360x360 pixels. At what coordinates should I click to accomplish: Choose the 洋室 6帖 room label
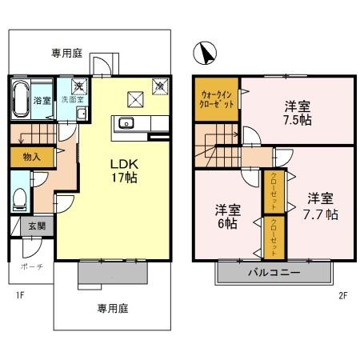point(228,217)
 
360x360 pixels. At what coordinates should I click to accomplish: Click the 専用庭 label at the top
point(68,54)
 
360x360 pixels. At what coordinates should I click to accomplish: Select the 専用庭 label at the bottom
point(114,307)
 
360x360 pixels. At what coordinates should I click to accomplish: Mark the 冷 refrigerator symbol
point(159,85)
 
